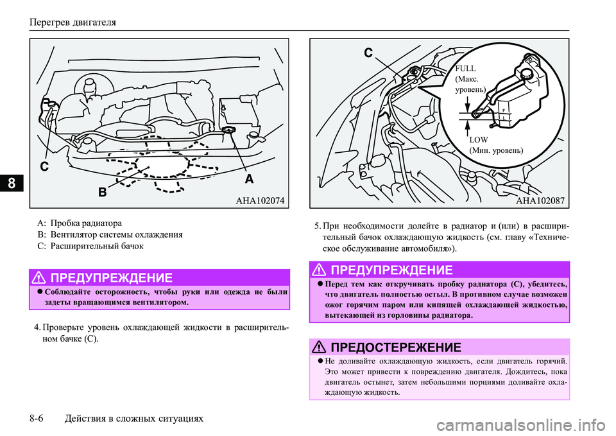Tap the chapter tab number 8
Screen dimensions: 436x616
pyautogui.click(x=12, y=183)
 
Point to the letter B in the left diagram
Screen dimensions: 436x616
pyautogui.click(x=102, y=192)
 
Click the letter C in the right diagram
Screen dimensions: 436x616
pyautogui.click(x=368, y=55)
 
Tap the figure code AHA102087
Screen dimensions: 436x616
pyautogui.click(x=540, y=200)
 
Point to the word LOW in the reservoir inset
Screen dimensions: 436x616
pyautogui.click(x=479, y=139)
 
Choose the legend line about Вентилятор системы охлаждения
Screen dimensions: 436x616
pyautogui.click(x=110, y=235)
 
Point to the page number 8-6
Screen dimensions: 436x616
pyautogui.click(x=39, y=419)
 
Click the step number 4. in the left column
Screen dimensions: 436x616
pyautogui.click(x=39, y=327)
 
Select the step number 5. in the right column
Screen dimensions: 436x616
pyautogui.click(x=318, y=225)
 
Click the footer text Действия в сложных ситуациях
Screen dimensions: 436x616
pyautogui.click(x=135, y=419)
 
